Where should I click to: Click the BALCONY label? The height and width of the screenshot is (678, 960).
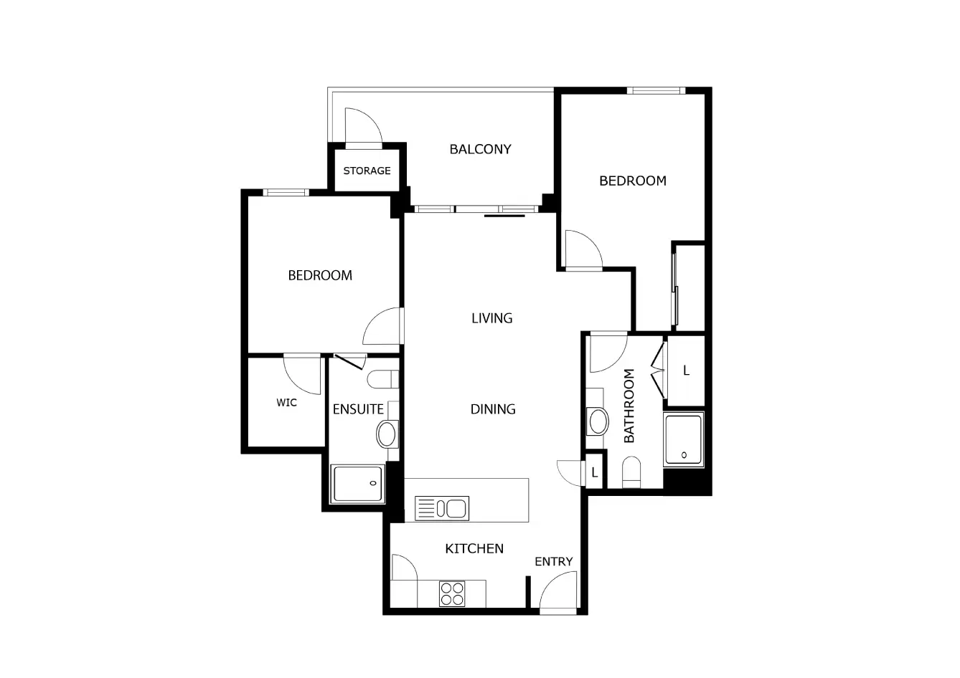tap(480, 149)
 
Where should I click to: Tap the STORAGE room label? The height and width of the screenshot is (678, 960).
tap(367, 171)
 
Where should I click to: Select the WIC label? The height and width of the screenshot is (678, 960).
tap(286, 402)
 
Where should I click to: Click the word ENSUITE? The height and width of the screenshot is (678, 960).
tap(358, 409)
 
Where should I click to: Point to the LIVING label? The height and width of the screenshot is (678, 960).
tap(491, 318)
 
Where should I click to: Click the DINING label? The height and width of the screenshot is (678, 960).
tap(493, 409)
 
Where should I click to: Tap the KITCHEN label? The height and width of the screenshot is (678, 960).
tap(474, 548)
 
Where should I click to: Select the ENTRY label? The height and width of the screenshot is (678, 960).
tap(553, 561)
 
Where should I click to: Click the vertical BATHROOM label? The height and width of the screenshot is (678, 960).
tap(629, 406)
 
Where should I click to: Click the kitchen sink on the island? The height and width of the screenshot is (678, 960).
tap(442, 509)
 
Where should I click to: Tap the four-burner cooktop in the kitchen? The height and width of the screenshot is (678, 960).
tap(452, 593)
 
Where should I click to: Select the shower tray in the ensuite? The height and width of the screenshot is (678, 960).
tap(357, 484)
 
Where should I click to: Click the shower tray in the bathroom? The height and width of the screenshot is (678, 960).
tap(684, 439)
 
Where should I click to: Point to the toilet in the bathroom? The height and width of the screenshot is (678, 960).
tap(631, 472)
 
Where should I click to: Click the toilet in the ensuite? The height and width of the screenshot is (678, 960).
tap(383, 379)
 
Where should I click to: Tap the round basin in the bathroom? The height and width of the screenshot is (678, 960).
tap(598, 421)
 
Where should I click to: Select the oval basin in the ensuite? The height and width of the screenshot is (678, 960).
tap(386, 435)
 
